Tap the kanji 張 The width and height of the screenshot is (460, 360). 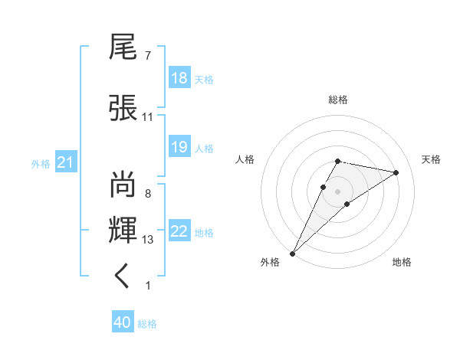click(123, 107)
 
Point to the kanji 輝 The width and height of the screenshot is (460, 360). click(123, 231)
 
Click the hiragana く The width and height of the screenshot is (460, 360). click(123, 277)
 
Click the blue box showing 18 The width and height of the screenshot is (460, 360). click(179, 78)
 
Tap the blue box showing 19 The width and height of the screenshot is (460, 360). click(179, 147)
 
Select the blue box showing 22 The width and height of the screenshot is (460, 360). click(179, 231)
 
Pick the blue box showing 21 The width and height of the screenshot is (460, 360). click(66, 162)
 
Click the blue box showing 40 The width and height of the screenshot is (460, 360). click(123, 323)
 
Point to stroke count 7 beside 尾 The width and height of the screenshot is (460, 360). click(147, 56)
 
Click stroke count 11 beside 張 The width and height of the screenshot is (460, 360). click(147, 117)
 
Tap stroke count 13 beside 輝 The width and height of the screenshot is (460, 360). click(148, 240)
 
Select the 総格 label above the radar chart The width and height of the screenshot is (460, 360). click(337, 100)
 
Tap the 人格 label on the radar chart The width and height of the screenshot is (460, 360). click(245, 159)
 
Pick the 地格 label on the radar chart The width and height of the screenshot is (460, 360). click(402, 262)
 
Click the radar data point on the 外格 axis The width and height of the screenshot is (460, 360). click(292, 253)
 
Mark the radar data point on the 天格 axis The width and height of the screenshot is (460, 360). click(396, 172)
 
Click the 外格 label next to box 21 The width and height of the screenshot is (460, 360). click(41, 163)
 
